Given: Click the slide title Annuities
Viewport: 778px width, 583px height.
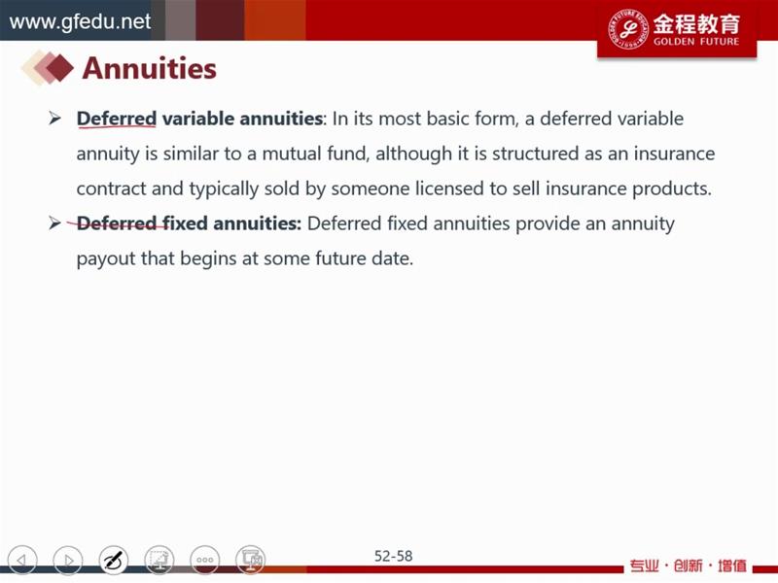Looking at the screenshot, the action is click(150, 68).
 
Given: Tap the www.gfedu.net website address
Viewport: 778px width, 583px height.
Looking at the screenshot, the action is click(80, 21).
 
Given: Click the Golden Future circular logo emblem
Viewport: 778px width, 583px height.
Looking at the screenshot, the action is click(628, 29).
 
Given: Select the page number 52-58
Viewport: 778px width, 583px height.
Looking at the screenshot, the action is click(393, 556).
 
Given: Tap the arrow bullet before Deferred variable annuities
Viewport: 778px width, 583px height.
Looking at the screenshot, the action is click(55, 119).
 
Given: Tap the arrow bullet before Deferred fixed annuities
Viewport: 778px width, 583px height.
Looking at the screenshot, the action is click(55, 223).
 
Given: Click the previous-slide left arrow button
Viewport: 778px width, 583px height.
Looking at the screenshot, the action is click(22, 560).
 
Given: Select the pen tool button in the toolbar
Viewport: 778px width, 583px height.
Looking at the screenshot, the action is click(114, 560).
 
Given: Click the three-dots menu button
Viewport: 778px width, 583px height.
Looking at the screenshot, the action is click(205, 560).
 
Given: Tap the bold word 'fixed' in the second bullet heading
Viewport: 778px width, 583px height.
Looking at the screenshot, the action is click(186, 223).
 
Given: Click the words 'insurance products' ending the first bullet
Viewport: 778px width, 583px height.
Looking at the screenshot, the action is click(628, 189).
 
